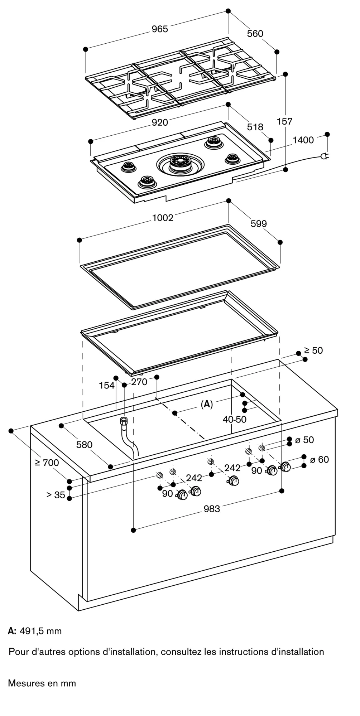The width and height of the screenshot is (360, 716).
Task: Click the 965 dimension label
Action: pyautogui.click(x=160, y=29)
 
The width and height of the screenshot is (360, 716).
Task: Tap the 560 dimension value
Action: pyautogui.click(x=255, y=34)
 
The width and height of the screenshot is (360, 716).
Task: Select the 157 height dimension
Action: pyautogui.click(x=285, y=121)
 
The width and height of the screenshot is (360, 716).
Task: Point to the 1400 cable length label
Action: pyautogui.click(x=303, y=140)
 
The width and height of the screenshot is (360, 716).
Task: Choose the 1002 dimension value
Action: pyautogui.click(x=163, y=218)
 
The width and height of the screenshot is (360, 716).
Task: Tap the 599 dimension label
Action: pyautogui.click(x=259, y=224)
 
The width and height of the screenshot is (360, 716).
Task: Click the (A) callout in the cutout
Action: pyautogui.click(x=207, y=405)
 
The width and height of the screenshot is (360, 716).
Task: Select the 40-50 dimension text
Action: pyautogui.click(x=235, y=420)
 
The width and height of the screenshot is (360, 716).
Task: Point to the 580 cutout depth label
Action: pyautogui.click(x=84, y=445)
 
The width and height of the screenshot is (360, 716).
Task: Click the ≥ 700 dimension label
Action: pyautogui.click(x=47, y=463)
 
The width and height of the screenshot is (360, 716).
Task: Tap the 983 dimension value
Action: pyautogui.click(x=212, y=509)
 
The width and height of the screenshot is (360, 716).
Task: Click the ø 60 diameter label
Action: pyautogui.click(x=319, y=459)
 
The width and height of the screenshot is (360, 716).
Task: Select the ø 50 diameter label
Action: pyautogui.click(x=304, y=440)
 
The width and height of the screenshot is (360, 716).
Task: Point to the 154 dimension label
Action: pyautogui.click(x=107, y=385)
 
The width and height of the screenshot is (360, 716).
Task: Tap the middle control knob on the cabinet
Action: pyautogui.click(x=235, y=482)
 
